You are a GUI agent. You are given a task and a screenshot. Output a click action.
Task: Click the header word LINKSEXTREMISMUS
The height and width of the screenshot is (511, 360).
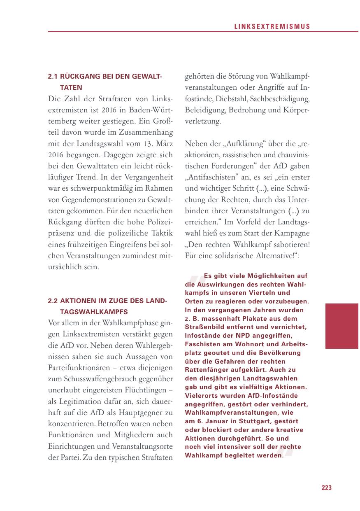coord(272,27)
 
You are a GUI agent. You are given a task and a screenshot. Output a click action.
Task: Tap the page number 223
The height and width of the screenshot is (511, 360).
coord(326,488)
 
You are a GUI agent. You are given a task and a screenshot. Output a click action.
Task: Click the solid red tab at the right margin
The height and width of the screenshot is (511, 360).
coord(341,326)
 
